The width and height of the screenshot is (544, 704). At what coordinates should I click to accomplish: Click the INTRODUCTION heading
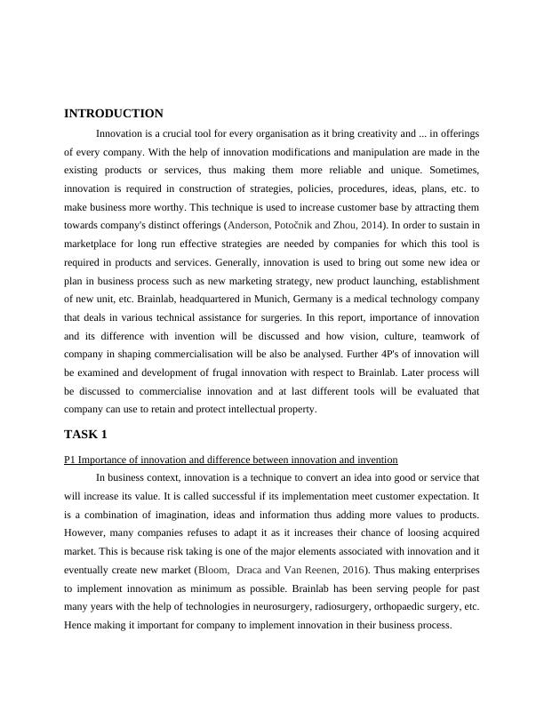click(x=114, y=114)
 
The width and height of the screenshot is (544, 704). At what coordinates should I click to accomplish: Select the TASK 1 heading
click(x=85, y=434)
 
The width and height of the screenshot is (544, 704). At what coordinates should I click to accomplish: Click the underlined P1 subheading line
click(x=230, y=459)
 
